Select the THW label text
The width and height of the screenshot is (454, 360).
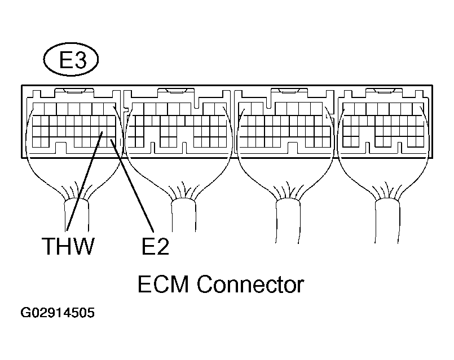click(x=67, y=247)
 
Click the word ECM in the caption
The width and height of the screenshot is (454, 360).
click(x=164, y=285)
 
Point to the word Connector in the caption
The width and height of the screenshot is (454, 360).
click(x=250, y=285)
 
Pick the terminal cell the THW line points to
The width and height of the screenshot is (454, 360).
click(x=101, y=133)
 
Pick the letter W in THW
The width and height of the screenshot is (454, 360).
click(x=82, y=247)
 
